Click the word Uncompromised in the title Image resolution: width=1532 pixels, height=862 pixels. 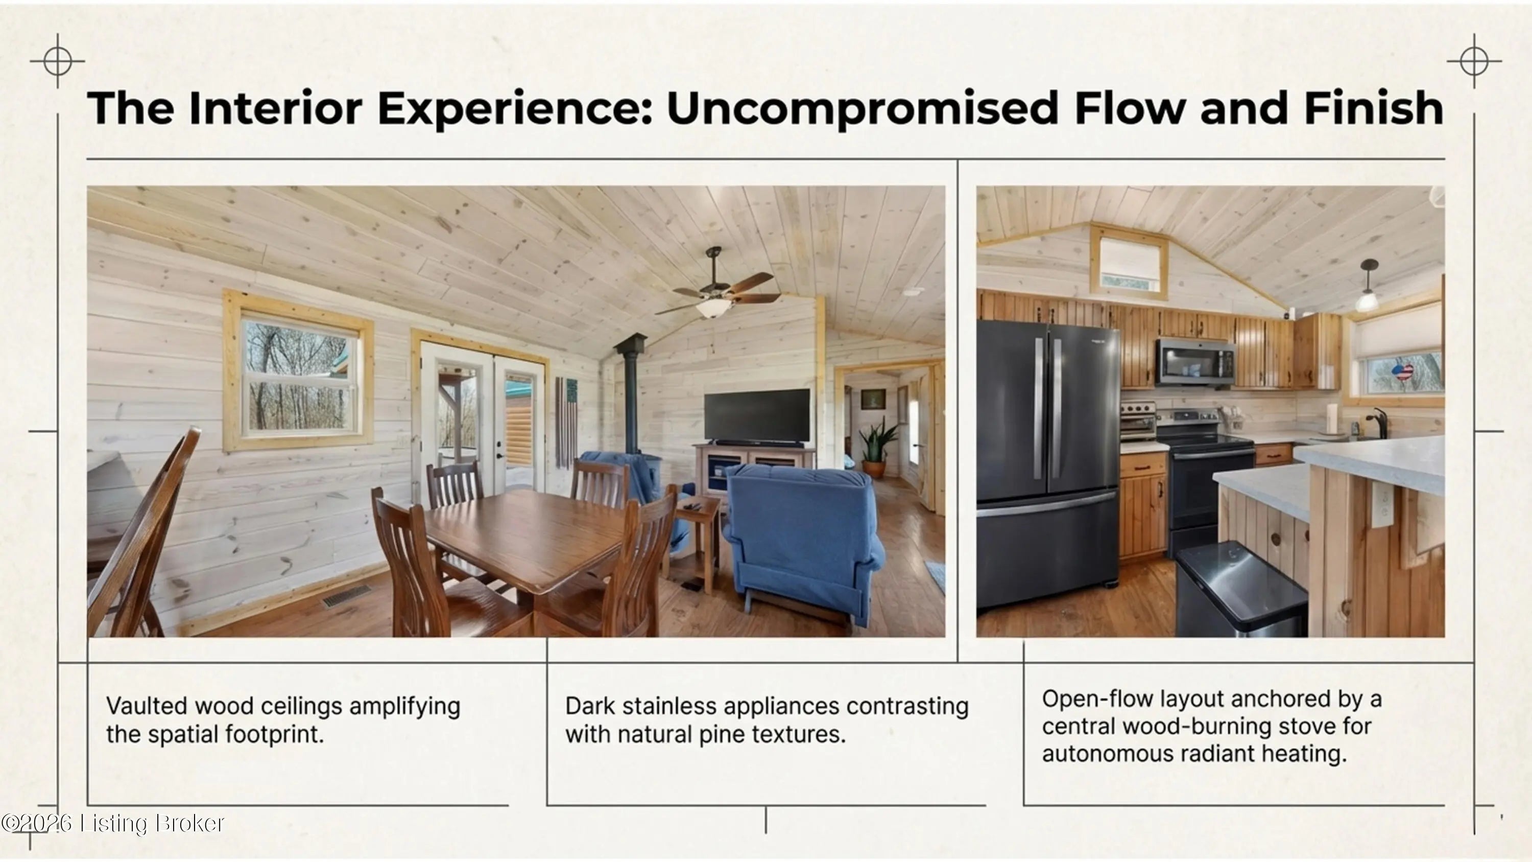pos(863,109)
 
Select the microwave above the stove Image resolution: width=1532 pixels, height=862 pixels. pos(1195,362)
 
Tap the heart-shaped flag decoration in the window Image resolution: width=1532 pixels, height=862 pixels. pos(1402,373)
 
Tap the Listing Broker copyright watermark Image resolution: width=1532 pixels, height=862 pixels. pos(113,823)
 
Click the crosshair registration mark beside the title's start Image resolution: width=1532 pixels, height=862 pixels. pos(58,61)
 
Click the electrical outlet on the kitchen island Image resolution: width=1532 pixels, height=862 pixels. pos(1382,504)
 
